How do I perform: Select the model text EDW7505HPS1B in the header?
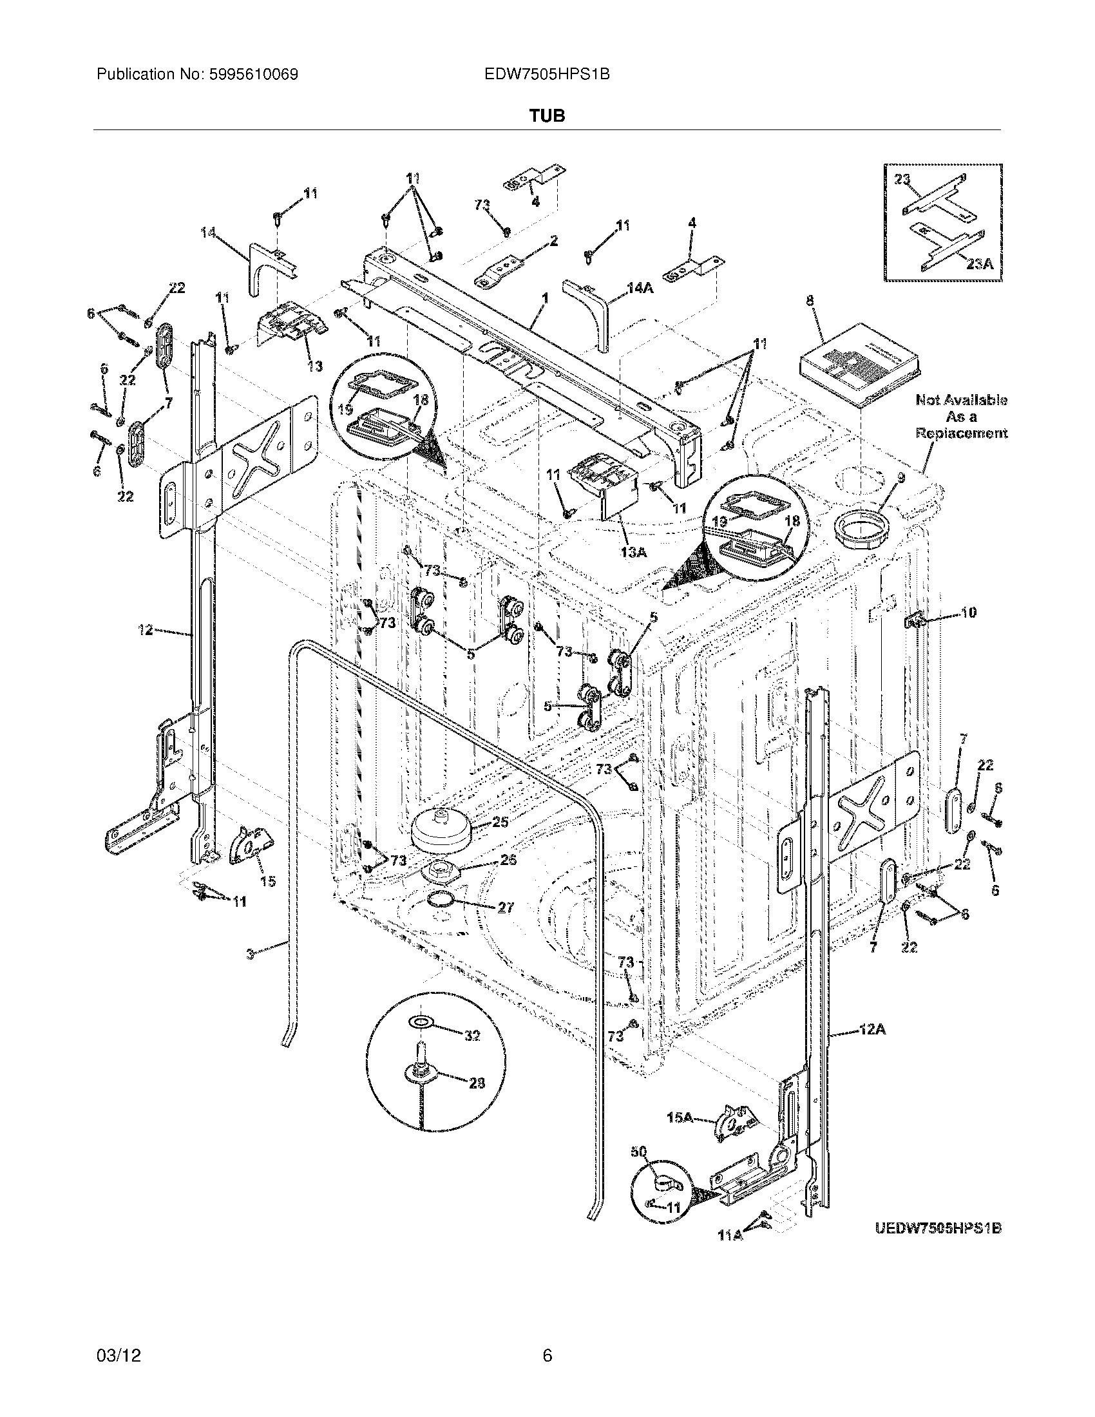click(546, 74)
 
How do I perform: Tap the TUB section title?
click(547, 116)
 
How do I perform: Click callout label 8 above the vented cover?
click(810, 301)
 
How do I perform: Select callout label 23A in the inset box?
click(978, 264)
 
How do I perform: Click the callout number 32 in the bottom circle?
click(471, 1036)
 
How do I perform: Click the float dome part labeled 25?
click(441, 832)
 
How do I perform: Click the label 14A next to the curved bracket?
click(639, 288)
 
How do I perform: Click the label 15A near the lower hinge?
click(680, 1117)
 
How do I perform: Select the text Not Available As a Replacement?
click(961, 417)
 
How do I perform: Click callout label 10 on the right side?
click(967, 612)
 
